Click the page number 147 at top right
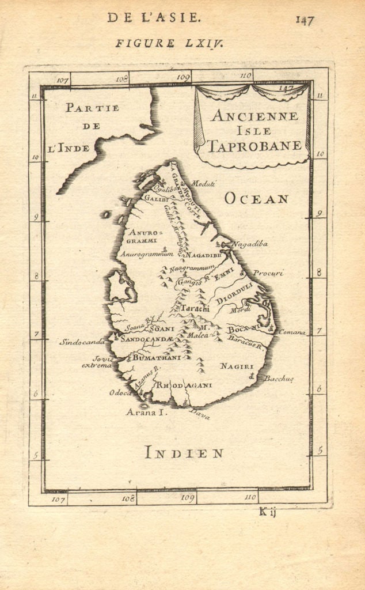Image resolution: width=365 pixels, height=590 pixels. tap(305, 20)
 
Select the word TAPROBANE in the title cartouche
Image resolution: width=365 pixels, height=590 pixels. tap(254, 146)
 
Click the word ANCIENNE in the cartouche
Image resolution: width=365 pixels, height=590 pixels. tap(254, 116)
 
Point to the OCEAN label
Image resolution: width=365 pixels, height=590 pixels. tap(256, 199)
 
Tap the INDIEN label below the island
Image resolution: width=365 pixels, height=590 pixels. tap(184, 453)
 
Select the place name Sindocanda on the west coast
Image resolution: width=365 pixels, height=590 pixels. tap(82, 342)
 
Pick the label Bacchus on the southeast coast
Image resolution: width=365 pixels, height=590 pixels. tap(280, 379)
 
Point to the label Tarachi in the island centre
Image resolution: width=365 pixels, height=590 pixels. tap(195, 308)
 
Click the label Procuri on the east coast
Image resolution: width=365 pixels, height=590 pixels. tap(269, 273)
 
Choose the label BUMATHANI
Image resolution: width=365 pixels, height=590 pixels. tap(157, 358)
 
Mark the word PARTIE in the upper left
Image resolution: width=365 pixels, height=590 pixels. tap(92, 108)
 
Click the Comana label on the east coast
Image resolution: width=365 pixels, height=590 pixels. tap(292, 332)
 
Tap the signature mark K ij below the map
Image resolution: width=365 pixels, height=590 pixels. tap(268, 512)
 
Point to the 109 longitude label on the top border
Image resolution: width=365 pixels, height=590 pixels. tap(184, 77)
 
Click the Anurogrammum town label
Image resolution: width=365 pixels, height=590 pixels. tap(147, 254)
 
